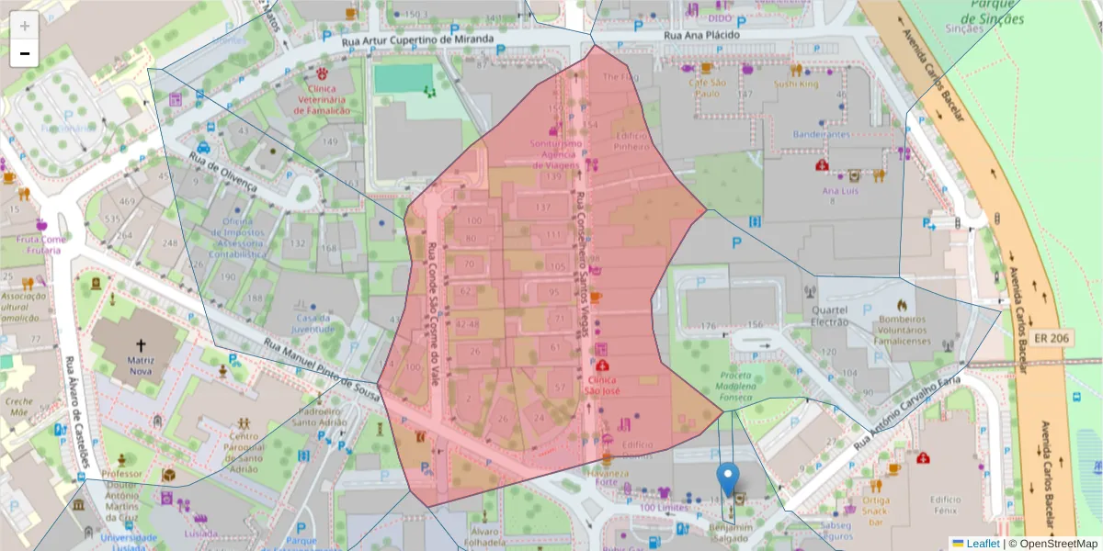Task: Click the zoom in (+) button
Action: (25, 26)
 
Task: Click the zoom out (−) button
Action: (25, 53)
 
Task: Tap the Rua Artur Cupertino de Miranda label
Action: (417, 40)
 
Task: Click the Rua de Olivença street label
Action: (222, 169)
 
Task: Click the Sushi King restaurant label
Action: (795, 84)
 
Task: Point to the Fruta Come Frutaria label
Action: (41, 244)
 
